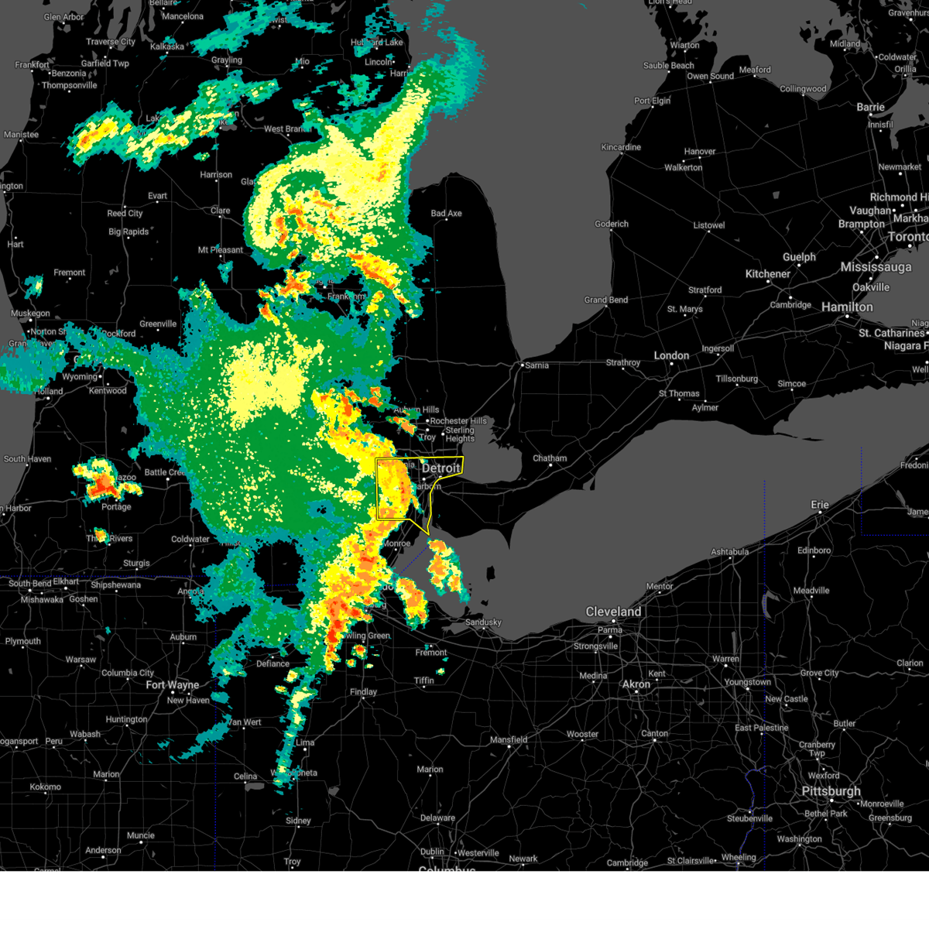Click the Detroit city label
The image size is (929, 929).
441,468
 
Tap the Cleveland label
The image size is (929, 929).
613,612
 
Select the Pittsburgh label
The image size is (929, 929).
831,791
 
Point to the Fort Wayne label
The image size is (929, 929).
172,685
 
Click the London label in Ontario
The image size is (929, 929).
671,355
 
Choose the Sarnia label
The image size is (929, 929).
536,365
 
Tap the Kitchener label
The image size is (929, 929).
768,274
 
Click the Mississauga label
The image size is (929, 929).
876,267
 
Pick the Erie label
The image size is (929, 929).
820,505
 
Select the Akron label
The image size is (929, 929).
636,684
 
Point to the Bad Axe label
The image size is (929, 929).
446,214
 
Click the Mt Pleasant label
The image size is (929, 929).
220,250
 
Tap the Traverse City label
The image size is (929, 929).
111,42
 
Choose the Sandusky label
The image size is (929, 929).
483,622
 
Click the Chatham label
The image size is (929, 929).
550,458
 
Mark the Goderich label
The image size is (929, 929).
612,225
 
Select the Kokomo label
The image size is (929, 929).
45,787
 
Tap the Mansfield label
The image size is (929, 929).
509,740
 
